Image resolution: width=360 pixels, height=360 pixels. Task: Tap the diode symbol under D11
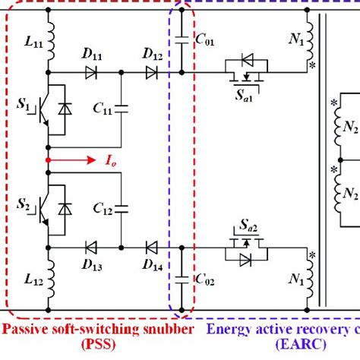click(x=92, y=73)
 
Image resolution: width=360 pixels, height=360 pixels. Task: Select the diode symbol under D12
click(x=150, y=73)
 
